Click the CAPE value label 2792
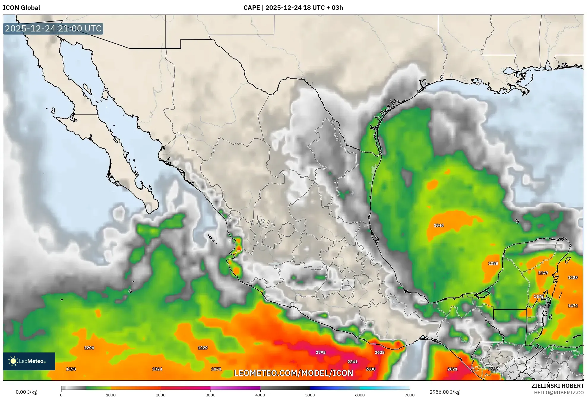coord(320,352)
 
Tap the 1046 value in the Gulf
coord(439,225)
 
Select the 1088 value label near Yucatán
coord(493,263)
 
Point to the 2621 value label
coord(452,369)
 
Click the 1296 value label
coord(89,348)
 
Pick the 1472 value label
coord(573,306)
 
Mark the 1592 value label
coord(493,369)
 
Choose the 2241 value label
coord(352,362)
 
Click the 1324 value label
coord(157,369)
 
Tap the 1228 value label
coord(573,278)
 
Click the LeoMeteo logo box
coord(29,361)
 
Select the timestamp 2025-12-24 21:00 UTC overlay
coord(53,29)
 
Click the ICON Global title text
coord(21,8)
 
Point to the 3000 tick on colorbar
coord(211,395)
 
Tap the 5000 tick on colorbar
coord(310,395)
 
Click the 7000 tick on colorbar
coord(409,395)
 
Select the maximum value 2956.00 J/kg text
coord(444,392)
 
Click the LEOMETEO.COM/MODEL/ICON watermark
coord(293,373)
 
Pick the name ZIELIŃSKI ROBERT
coord(557,386)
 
